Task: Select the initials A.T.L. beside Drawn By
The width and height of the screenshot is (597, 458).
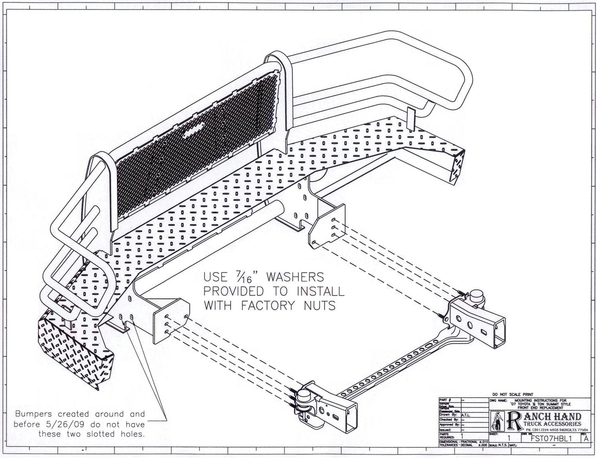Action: click(466, 415)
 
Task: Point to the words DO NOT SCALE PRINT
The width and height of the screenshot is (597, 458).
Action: click(513, 394)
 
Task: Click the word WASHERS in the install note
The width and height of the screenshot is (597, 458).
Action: click(295, 277)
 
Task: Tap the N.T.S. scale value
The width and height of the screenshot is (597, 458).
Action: click(501, 445)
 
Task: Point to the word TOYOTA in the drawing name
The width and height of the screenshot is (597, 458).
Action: click(524, 404)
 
